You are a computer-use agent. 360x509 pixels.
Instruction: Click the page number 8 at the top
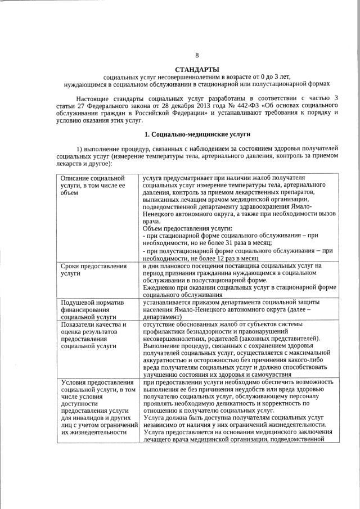(x=197, y=55)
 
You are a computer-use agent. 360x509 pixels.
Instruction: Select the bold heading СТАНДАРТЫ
(x=197, y=69)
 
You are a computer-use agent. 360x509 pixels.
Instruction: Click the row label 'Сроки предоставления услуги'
(x=93, y=269)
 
